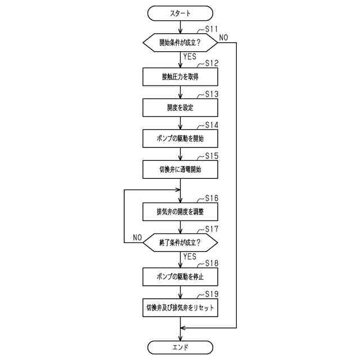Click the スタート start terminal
(x=180, y=13)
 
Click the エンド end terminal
(x=180, y=347)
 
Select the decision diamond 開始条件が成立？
(x=180, y=43)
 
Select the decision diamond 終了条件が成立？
(x=180, y=243)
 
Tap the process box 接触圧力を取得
(x=180, y=76)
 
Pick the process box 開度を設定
(x=180, y=107)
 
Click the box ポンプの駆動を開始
(x=180, y=138)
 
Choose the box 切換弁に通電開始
(x=180, y=169)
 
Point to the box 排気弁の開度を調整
(x=180, y=212)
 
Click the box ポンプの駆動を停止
(x=180, y=277)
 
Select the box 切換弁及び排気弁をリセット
(x=180, y=308)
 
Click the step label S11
(x=211, y=28)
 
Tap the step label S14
(x=211, y=124)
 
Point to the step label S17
(x=211, y=229)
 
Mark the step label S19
(x=211, y=294)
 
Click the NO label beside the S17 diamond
(x=137, y=237)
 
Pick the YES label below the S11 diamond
(x=190, y=56)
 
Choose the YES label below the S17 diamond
(x=190, y=256)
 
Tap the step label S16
(x=211, y=198)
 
